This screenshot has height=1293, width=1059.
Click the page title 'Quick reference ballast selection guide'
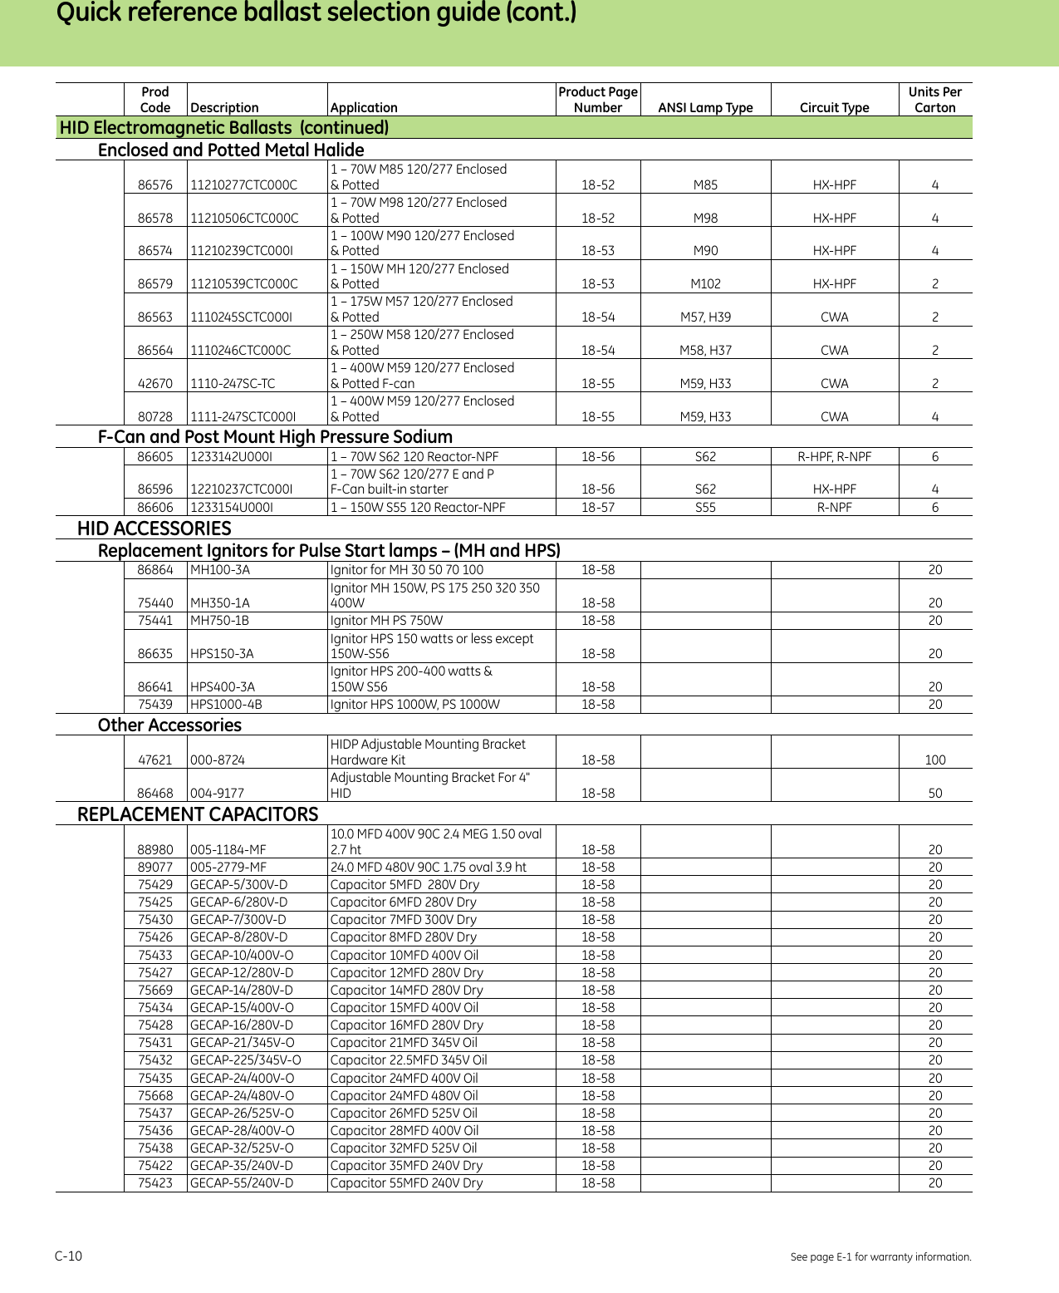coord(316,13)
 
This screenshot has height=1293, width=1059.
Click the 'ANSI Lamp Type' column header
coord(705,107)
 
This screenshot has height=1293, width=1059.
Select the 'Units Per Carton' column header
coord(934,100)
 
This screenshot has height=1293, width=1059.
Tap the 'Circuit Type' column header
coord(834,107)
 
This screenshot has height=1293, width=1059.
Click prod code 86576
coord(155,185)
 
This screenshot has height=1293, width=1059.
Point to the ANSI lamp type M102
coord(705,284)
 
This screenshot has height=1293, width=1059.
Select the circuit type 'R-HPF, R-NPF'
coord(834,457)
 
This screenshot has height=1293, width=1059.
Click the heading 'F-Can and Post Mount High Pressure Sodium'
coord(275,437)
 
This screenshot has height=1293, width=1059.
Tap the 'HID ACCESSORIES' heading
coord(154,529)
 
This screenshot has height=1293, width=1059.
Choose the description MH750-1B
coord(220,621)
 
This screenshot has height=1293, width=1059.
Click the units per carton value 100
coord(934,760)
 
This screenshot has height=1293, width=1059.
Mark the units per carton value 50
coord(934,794)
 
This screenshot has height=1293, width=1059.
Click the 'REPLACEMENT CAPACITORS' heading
coord(198,814)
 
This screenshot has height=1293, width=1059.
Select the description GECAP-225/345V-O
coord(246,1060)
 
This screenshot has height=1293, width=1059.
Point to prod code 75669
coord(155,991)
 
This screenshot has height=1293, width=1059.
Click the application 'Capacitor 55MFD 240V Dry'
coord(406,1183)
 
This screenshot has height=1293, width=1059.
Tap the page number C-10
coord(69,1256)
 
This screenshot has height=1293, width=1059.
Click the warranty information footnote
coord(880,1257)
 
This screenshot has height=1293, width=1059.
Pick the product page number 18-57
coord(597,508)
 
